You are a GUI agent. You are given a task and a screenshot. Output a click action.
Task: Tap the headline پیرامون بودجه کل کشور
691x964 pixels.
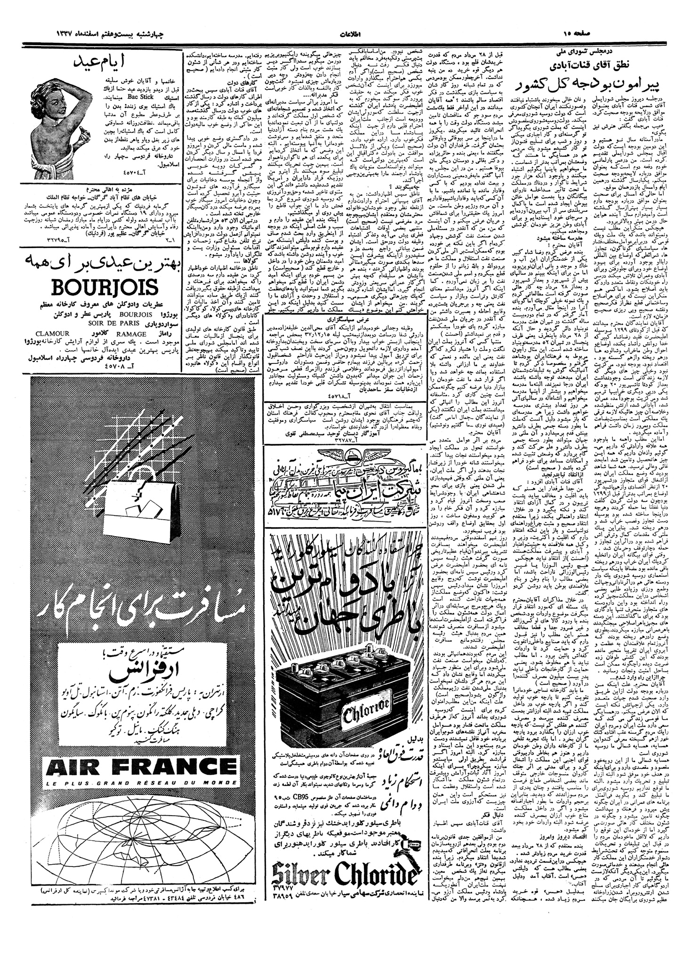pos(600,86)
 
